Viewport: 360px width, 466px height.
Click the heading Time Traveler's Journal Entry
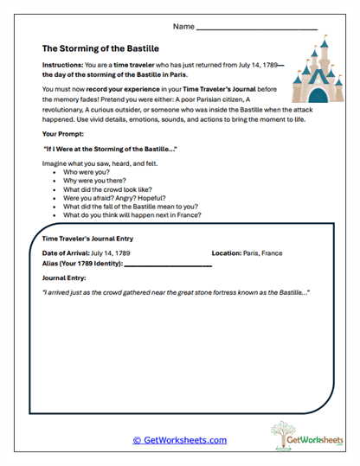point(87,238)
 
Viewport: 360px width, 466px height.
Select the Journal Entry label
point(65,278)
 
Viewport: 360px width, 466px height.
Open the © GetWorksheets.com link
point(179,440)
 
